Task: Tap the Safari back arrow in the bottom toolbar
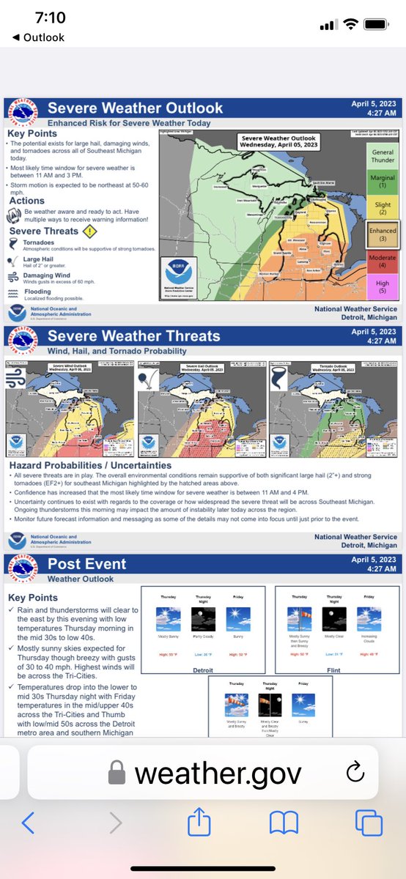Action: pyautogui.click(x=28, y=823)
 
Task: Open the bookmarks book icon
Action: pyautogui.click(x=284, y=823)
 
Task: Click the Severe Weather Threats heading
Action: pyautogui.click(x=133, y=336)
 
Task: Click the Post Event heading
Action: pyautogui.click(x=87, y=564)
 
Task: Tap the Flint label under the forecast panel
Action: pyautogui.click(x=334, y=668)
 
